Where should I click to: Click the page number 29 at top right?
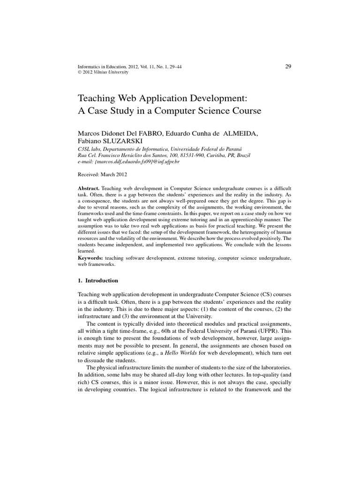[x=288, y=66]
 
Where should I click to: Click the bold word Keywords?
[x=91, y=258]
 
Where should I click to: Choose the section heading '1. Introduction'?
[x=98, y=280]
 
